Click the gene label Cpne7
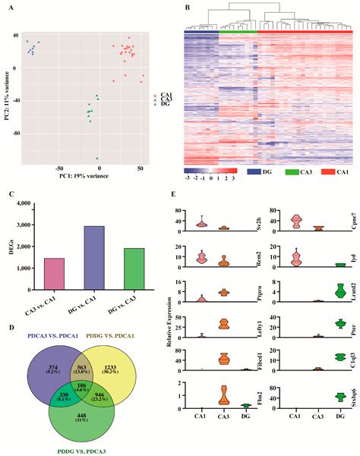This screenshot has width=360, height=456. (354, 221)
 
